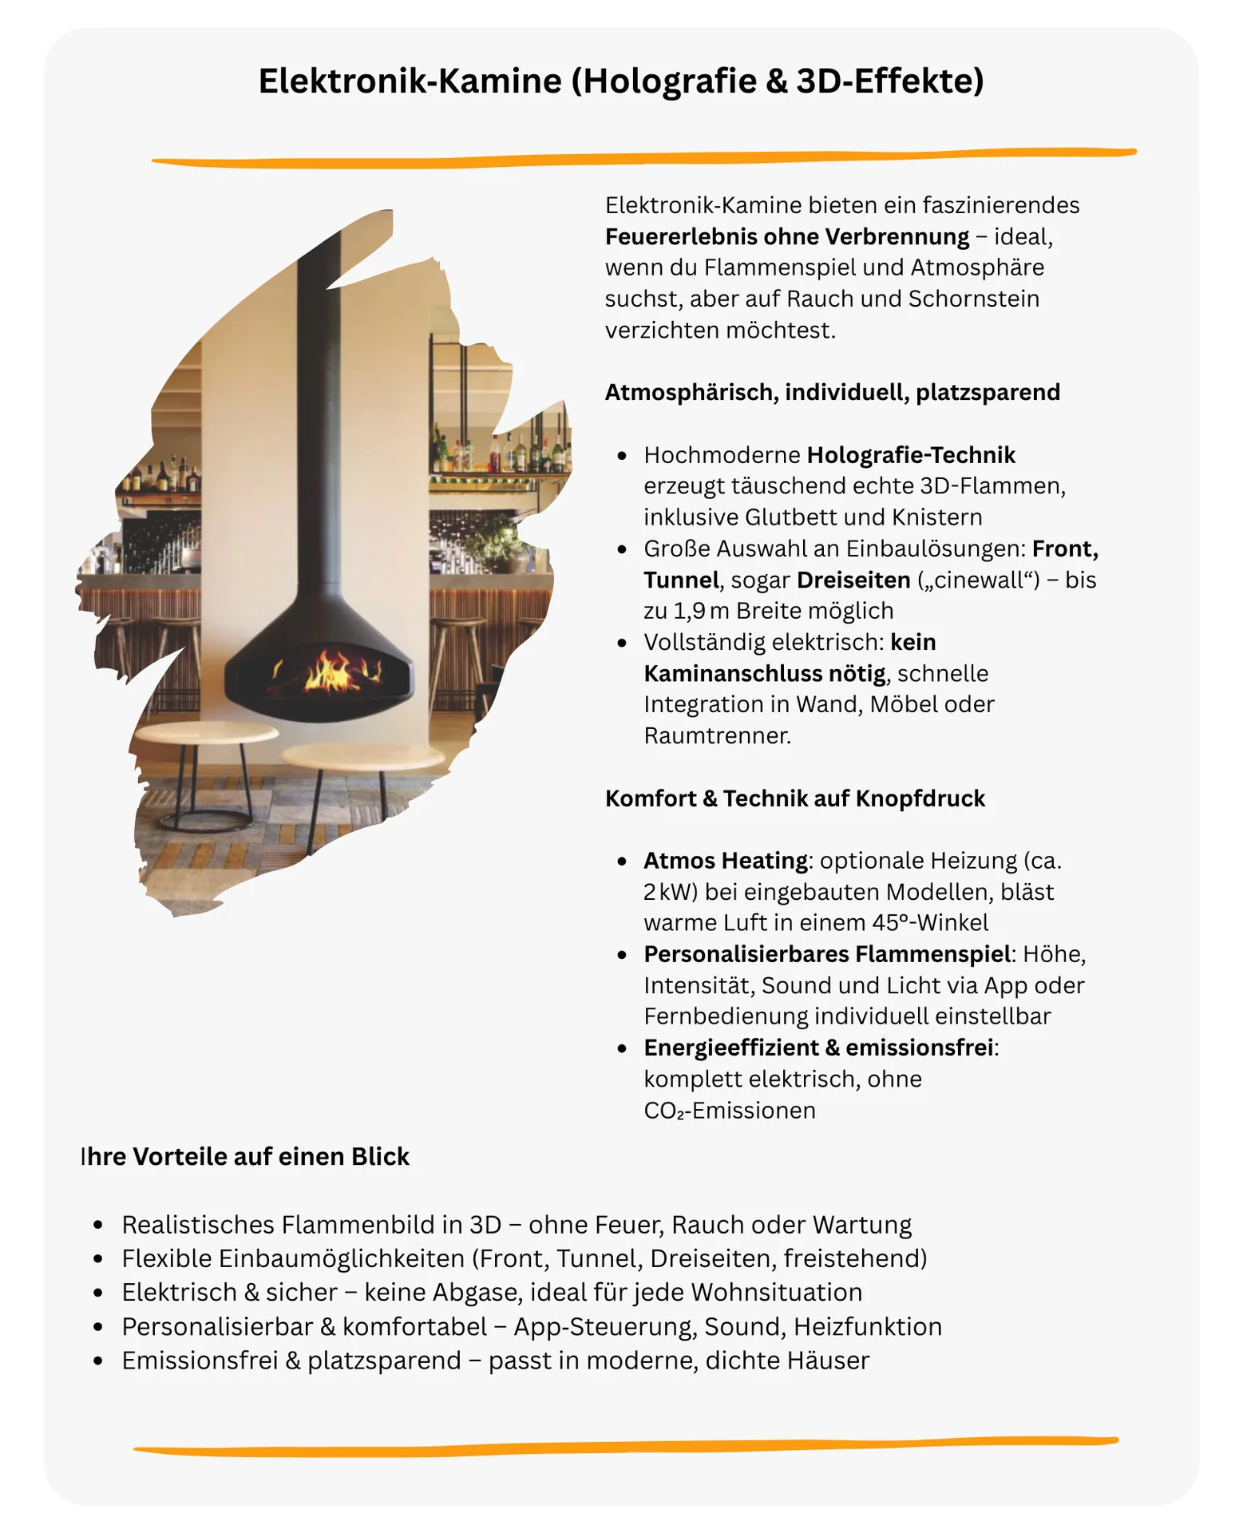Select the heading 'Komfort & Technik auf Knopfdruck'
tap(795, 798)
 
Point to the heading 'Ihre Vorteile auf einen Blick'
tap(245, 1156)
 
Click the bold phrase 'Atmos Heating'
tap(726, 861)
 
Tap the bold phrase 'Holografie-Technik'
tap(911, 455)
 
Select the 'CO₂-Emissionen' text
tap(730, 1111)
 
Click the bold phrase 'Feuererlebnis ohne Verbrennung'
tap(787, 236)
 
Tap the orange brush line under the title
tap(643, 158)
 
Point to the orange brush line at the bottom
tap(626, 1445)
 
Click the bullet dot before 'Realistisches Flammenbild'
tap(98, 1225)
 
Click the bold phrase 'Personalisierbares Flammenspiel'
tap(827, 954)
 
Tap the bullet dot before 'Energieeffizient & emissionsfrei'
tap(622, 1048)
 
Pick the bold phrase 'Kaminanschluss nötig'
tap(764, 674)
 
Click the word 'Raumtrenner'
tap(715, 735)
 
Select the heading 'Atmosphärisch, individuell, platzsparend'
tap(833, 393)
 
